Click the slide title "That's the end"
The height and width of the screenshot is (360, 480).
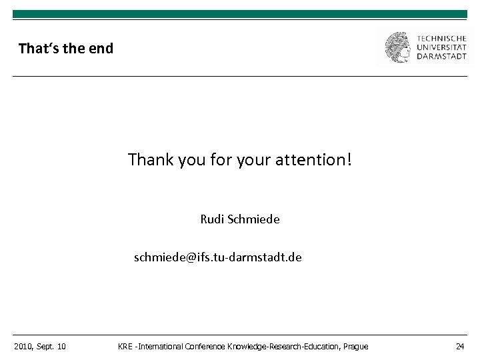coord(66,49)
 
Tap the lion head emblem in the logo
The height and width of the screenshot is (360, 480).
coord(399,47)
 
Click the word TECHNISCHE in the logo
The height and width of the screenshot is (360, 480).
coord(442,37)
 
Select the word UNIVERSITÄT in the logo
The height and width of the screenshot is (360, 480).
coord(442,47)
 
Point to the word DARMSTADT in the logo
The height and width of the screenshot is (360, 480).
coord(442,57)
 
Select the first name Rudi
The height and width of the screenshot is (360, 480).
coord(213,219)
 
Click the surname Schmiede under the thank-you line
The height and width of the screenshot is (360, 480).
coord(255,219)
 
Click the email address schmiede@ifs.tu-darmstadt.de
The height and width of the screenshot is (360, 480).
coord(217,257)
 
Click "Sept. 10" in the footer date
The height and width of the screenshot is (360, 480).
coord(52,346)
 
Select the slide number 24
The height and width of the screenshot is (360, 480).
coord(460,346)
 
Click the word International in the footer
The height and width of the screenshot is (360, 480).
coord(159,346)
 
